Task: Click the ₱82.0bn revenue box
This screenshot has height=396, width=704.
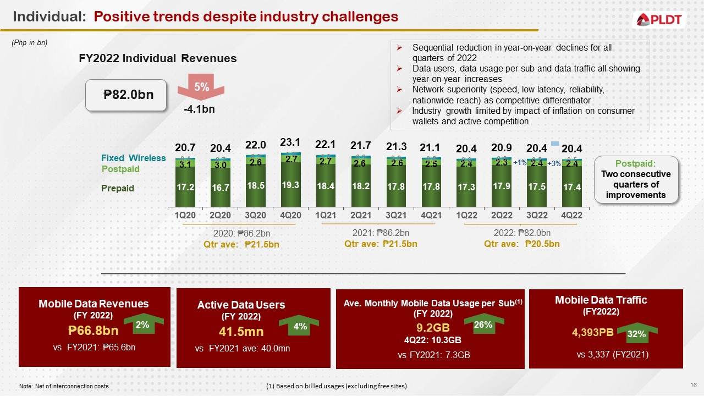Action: point(128,95)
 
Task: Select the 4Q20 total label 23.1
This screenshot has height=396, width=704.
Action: point(290,142)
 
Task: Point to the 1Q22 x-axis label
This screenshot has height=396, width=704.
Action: point(466,216)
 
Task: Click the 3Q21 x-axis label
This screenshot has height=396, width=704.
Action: point(396,216)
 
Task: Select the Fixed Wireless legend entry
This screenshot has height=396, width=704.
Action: point(133,158)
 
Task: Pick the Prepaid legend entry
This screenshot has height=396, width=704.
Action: point(117,189)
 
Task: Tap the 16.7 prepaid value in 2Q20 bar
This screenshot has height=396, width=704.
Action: point(220,188)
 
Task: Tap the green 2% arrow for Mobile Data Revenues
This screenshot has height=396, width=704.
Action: point(142,326)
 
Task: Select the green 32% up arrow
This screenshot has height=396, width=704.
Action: point(636,333)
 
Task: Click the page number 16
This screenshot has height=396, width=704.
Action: point(693,384)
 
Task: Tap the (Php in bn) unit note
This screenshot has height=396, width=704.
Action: point(30,43)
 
